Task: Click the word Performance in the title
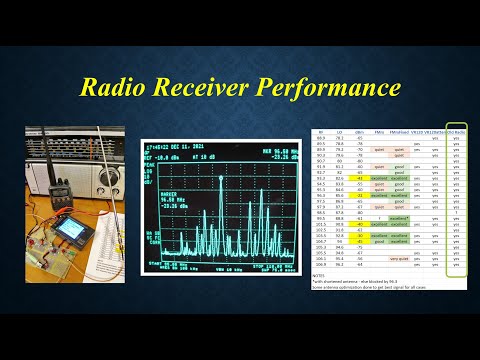(x=331, y=89)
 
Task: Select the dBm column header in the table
(x=358, y=131)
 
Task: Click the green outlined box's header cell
(x=456, y=131)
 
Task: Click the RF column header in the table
(x=320, y=131)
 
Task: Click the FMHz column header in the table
(x=380, y=131)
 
